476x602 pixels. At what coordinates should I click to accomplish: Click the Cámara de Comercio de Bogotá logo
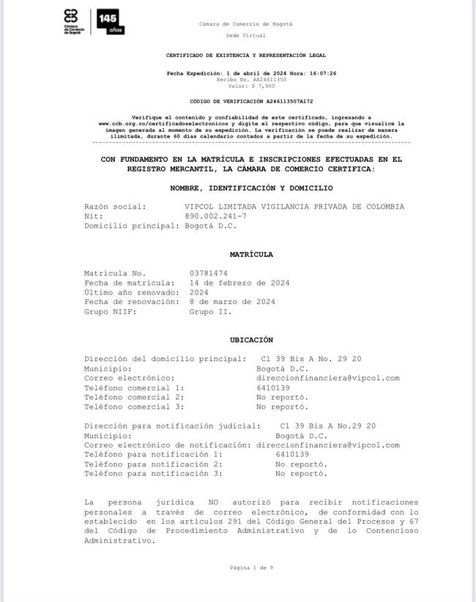(71, 22)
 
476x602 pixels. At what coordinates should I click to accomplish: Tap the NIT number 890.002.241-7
(216, 217)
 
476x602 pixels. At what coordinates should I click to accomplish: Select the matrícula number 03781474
(208, 273)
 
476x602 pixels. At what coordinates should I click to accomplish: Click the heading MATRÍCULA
(251, 255)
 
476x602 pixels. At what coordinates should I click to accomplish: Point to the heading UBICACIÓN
(251, 340)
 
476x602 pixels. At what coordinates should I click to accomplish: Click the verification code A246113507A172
(282, 101)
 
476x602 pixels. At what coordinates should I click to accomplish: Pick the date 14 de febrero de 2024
(239, 283)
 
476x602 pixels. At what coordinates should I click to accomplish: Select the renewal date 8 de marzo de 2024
(232, 302)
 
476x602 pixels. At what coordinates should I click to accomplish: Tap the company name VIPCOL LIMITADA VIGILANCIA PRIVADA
(294, 207)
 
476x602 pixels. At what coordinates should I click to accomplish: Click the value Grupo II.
(211, 311)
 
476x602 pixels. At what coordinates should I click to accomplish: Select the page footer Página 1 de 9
(251, 568)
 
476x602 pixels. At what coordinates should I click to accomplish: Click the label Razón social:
(115, 207)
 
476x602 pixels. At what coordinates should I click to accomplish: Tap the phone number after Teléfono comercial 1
(272, 387)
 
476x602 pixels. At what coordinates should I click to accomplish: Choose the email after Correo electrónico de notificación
(327, 445)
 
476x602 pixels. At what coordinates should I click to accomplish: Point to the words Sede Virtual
(245, 34)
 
